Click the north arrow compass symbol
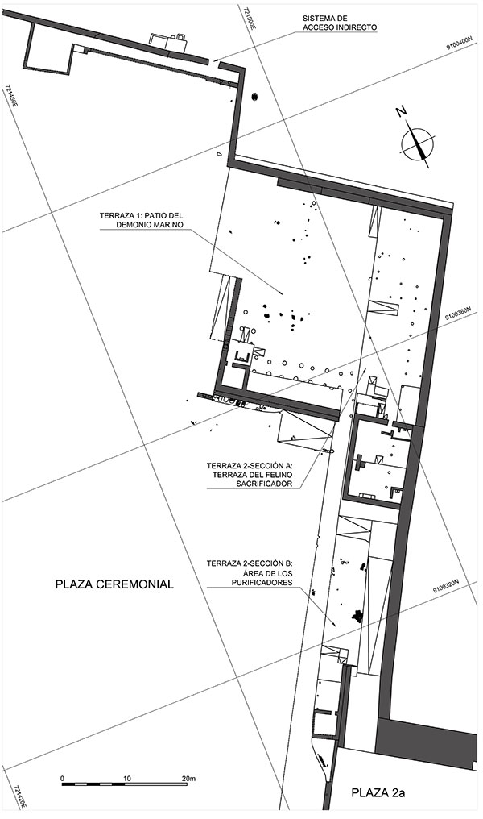(x=418, y=142)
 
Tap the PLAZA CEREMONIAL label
(x=114, y=584)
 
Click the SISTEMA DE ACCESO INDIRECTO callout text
(x=339, y=23)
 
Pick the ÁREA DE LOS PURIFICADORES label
(x=250, y=573)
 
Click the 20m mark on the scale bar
(x=188, y=778)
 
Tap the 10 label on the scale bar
(x=126, y=778)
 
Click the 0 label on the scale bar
(x=63, y=778)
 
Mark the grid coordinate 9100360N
(x=458, y=313)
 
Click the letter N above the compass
(x=401, y=112)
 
